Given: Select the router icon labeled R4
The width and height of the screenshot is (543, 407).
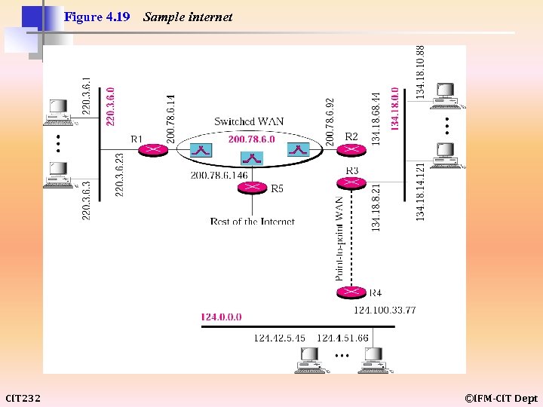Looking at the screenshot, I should [348, 292].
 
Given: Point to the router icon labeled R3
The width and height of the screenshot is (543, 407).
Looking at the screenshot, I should [348, 182].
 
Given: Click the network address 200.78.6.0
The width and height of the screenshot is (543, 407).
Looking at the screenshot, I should [251, 139].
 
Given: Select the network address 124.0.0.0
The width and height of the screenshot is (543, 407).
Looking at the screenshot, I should [221, 317].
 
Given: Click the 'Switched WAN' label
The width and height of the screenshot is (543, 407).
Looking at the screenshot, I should [249, 121].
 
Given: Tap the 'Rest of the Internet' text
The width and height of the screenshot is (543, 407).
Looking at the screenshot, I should [252, 222].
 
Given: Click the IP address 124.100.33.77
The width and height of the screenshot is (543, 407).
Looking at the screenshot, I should [385, 310].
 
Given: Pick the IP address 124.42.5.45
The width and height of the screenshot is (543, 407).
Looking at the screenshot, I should [280, 338].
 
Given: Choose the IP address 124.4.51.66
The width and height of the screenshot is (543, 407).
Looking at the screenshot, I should [343, 338].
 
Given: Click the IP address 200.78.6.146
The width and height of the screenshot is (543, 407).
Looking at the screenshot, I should [219, 175].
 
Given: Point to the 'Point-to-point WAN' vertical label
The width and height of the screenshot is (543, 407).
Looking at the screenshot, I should [340, 238].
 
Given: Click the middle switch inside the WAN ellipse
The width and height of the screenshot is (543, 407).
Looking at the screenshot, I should [250, 158].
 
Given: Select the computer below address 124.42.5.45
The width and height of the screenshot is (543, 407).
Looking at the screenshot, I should [310, 361].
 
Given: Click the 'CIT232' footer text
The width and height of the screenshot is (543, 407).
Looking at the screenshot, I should [23, 398].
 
